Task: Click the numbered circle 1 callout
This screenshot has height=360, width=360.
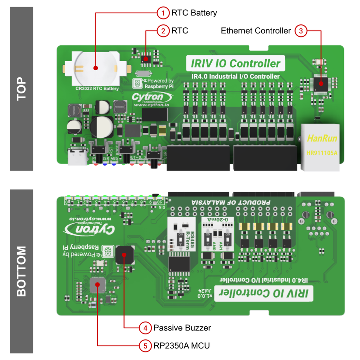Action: click(x=163, y=13)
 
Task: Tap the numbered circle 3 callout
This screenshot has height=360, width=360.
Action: click(x=301, y=31)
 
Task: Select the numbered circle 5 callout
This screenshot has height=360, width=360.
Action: click(x=145, y=346)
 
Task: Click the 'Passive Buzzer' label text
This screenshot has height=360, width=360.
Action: click(x=182, y=328)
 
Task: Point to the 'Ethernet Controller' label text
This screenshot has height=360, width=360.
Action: click(x=256, y=31)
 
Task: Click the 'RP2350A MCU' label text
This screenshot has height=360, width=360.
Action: click(x=181, y=346)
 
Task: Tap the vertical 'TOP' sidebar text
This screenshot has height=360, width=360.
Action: click(x=22, y=89)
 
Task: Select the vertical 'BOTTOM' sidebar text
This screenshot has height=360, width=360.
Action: click(x=22, y=271)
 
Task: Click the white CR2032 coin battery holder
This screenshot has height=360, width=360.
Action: click(x=95, y=68)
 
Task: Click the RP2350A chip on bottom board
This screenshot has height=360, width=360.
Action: click(x=97, y=285)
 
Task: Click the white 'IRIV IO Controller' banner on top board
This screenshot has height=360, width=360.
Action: click(x=235, y=64)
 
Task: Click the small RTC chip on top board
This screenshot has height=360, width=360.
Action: click(x=146, y=58)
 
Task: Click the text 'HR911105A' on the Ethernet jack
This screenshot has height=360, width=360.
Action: click(x=321, y=152)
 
